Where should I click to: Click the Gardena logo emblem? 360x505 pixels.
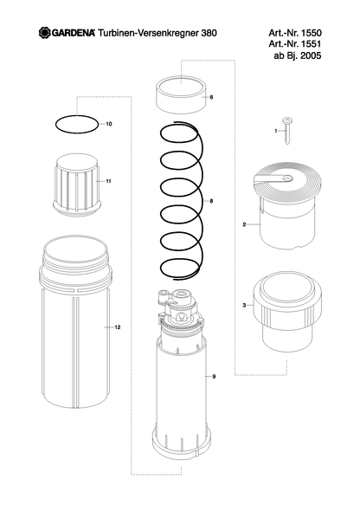click(45, 33)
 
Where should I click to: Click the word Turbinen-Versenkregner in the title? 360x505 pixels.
click(148, 33)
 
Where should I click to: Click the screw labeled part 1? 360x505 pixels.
click(287, 131)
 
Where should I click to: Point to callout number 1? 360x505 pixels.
click(276, 131)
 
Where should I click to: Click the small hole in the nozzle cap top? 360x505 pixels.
click(287, 178)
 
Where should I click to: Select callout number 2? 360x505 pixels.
click(244, 224)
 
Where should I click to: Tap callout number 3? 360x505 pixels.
click(244, 305)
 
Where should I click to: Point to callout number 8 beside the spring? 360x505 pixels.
click(211, 201)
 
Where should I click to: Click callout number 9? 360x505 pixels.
click(214, 376)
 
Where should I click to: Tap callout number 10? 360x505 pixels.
click(109, 124)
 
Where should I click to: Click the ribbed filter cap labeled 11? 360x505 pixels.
click(77, 185)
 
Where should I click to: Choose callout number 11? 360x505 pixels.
click(108, 181)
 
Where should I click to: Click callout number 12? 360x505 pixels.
click(118, 327)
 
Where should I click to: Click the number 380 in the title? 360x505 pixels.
click(209, 33)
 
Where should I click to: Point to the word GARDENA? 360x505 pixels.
click(74, 33)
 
